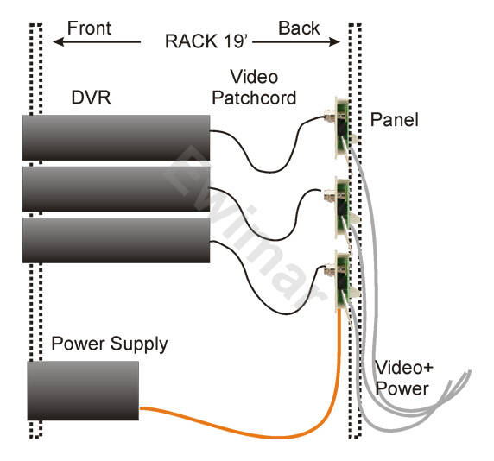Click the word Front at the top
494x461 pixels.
coord(89,28)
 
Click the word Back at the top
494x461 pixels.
coord(299,28)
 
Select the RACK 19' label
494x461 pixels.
coord(206,41)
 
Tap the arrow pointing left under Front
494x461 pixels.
coord(97,41)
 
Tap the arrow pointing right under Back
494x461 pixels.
coord(296,41)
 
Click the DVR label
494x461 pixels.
coord(91,98)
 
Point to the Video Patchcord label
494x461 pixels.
coord(254,87)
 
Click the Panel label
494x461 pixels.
coord(394,120)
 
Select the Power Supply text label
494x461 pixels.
coord(110,344)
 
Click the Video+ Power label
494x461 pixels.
coord(404,378)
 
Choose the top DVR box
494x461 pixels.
coord(117,137)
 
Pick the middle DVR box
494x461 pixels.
coord(117,189)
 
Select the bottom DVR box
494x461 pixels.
coord(117,240)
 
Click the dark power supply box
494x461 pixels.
coord(83,390)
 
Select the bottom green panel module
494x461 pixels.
coord(342,281)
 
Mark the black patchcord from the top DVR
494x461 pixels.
coord(271,172)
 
